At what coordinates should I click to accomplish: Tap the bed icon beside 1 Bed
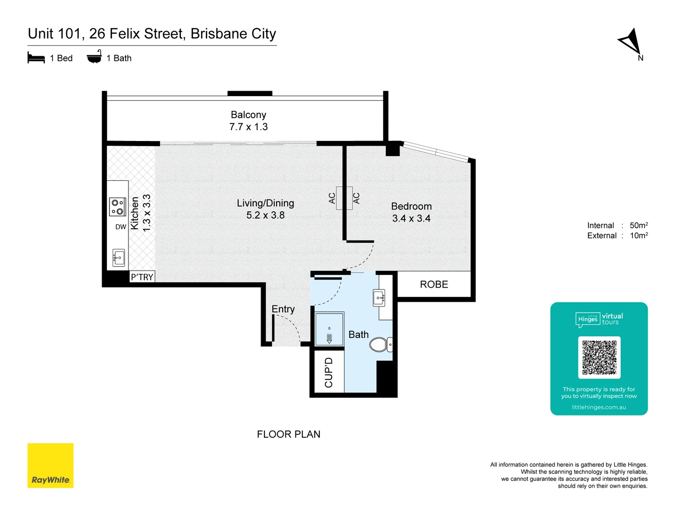(36, 58)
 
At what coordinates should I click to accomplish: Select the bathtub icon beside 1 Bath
(94, 57)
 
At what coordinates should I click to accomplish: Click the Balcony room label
(248, 115)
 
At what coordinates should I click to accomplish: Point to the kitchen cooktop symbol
(118, 207)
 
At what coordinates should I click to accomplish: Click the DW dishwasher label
(121, 227)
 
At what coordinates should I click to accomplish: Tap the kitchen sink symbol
(119, 258)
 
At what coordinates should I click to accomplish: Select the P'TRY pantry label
(142, 277)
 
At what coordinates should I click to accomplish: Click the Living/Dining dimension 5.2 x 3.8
(265, 215)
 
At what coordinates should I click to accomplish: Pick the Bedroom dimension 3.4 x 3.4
(411, 218)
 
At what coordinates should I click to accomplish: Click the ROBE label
(434, 284)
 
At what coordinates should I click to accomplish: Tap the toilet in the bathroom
(380, 345)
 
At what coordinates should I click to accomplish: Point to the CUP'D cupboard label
(329, 372)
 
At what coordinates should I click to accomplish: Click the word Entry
(283, 309)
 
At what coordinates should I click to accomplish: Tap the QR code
(599, 357)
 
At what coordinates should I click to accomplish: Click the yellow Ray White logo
(51, 465)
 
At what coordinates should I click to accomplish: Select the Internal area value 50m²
(638, 225)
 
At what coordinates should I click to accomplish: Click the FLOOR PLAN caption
(288, 434)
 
